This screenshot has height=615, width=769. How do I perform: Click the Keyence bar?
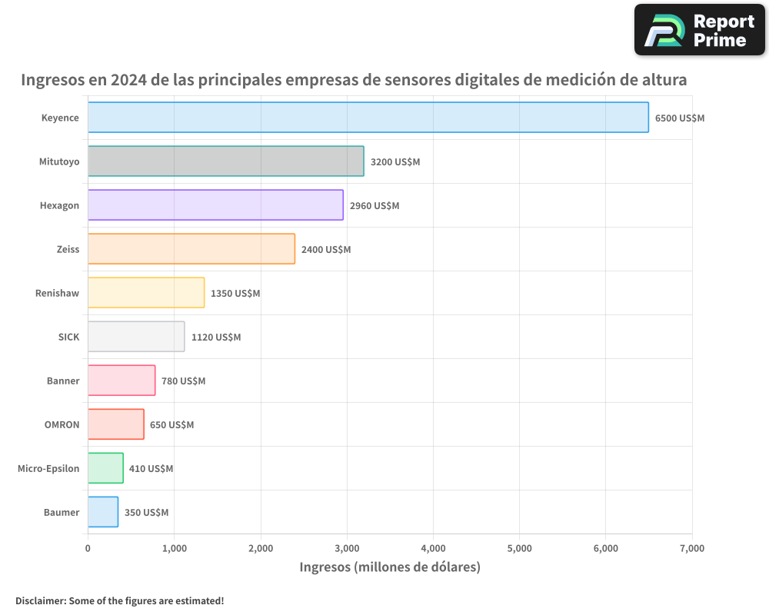[x=368, y=118]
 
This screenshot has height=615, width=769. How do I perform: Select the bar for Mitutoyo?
[x=225, y=161]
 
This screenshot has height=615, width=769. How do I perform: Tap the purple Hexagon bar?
[x=215, y=205]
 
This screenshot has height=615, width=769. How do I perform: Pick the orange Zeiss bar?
[x=191, y=249]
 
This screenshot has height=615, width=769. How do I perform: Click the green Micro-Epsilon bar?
[x=105, y=468]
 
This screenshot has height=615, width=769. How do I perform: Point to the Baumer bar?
[x=103, y=512]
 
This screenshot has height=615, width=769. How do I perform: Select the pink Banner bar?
[x=122, y=381]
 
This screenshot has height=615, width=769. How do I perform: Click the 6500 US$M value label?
[x=679, y=118]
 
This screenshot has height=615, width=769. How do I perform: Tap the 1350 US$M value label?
[x=235, y=294]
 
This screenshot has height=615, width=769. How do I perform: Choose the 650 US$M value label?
[x=171, y=425]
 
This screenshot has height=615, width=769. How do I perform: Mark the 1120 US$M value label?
[x=216, y=337]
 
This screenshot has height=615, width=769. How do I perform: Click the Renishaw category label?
[x=57, y=293]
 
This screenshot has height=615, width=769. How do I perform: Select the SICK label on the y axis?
[x=68, y=337]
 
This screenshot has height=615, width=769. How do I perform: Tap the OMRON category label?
[x=62, y=424]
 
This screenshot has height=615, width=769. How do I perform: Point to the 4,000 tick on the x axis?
[x=433, y=548]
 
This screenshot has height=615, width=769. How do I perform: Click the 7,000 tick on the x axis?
[x=691, y=548]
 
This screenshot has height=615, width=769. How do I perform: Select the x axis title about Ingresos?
[x=390, y=567]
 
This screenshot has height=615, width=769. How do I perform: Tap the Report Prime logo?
[x=699, y=30]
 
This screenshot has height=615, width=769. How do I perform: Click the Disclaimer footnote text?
[x=119, y=600]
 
